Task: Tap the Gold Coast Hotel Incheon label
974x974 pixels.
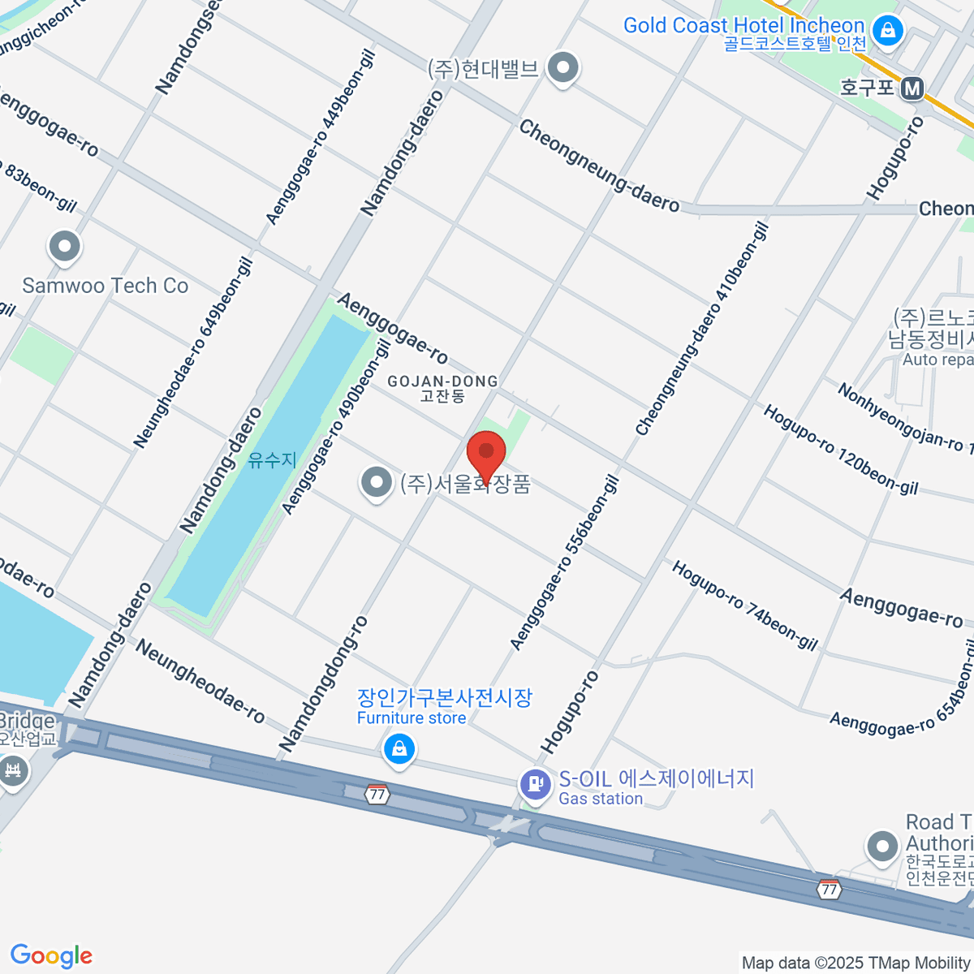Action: [x=743, y=26]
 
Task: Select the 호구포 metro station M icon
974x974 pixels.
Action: [x=912, y=88]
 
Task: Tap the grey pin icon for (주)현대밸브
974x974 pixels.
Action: [x=562, y=69]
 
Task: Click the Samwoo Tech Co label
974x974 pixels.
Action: [x=106, y=286]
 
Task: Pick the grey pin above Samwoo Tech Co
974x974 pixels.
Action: [x=64, y=246]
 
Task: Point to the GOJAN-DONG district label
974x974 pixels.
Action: [x=442, y=381]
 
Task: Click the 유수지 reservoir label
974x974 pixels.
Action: [x=272, y=459]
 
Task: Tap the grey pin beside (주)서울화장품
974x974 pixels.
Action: [x=376, y=483]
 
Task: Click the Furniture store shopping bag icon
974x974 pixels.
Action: [x=399, y=749]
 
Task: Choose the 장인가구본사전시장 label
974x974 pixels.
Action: [x=445, y=697]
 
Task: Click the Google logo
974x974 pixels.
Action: [x=51, y=955]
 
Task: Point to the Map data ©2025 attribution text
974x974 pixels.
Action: [x=856, y=963]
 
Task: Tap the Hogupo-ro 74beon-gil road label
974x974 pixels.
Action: [x=744, y=606]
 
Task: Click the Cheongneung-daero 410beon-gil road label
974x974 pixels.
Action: [x=702, y=330]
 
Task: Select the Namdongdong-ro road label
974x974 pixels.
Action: [x=324, y=684]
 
